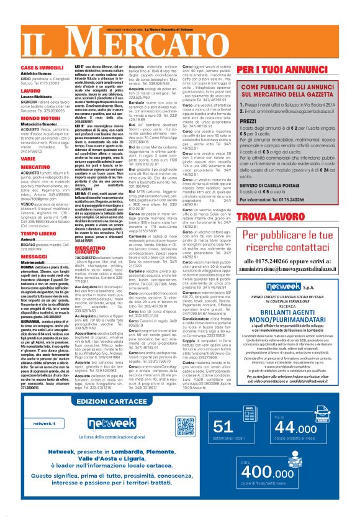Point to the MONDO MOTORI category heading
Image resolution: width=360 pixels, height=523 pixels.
pos(40,116)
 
